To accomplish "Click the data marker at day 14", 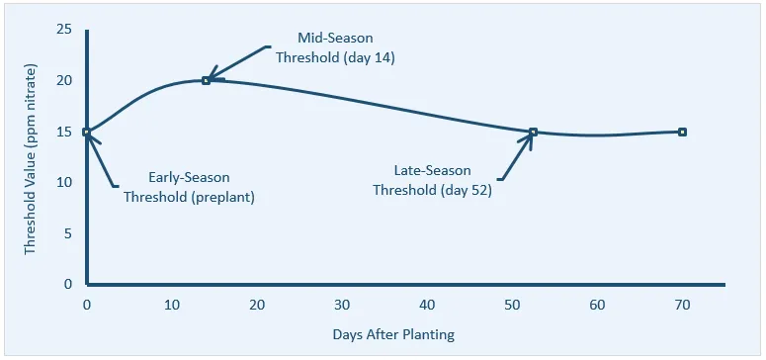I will (206, 80).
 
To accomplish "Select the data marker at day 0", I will (87, 132).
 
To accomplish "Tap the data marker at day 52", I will (533, 132).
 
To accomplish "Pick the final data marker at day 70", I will (682, 132).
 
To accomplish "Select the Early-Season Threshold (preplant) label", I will (189, 187).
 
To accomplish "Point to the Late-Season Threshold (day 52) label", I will (432, 181).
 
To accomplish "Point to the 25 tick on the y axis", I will (64, 30).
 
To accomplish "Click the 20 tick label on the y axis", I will (64, 80).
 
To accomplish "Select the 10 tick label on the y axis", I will (64, 182).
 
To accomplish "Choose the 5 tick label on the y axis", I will (68, 233).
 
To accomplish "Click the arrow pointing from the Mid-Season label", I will (237, 62).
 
